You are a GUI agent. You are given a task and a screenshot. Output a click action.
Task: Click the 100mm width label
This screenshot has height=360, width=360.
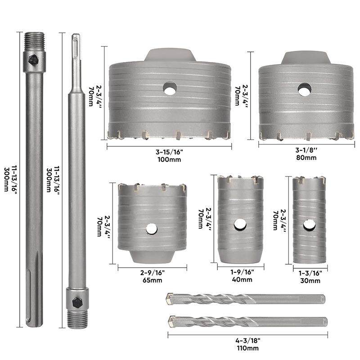(169, 159)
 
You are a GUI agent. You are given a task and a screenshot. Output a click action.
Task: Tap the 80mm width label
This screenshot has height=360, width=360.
(306, 157)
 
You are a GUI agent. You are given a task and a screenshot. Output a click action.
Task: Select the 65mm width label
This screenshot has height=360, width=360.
(153, 280)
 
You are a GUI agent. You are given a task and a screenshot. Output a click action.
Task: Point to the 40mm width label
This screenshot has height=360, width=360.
(242, 279)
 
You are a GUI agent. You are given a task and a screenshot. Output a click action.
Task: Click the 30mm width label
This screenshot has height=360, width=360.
(310, 280)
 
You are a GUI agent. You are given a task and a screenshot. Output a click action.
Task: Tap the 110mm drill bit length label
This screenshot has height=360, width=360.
(248, 348)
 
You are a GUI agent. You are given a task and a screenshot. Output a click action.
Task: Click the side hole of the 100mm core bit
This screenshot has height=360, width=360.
(170, 88)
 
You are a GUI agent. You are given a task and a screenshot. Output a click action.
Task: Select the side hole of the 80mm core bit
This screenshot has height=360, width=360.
(305, 89)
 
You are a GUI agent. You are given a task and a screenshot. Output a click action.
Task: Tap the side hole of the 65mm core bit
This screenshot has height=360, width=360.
(152, 229)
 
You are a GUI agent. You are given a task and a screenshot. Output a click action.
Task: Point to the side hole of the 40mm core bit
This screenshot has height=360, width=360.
(240, 225)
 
